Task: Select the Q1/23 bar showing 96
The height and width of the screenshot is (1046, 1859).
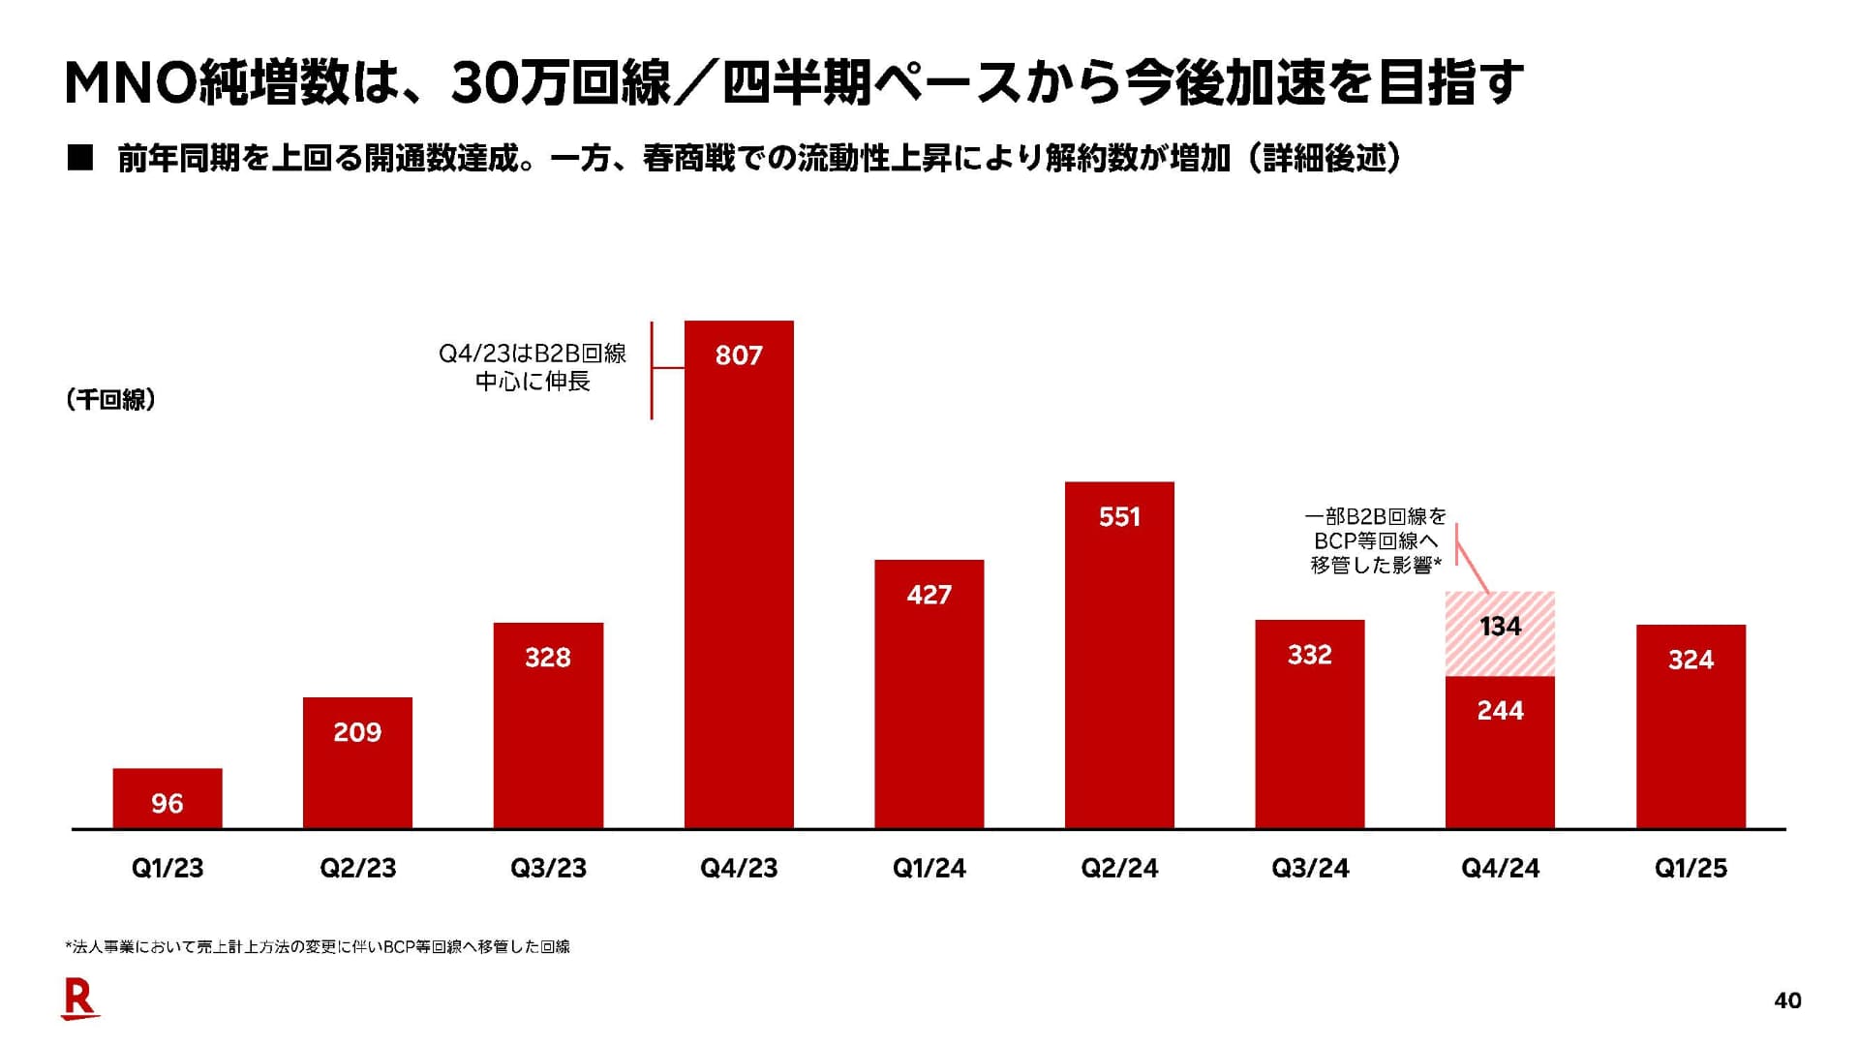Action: [x=168, y=798]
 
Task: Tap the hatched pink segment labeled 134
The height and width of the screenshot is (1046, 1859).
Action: [x=1500, y=633]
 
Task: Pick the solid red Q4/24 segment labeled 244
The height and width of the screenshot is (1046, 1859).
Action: [x=1500, y=752]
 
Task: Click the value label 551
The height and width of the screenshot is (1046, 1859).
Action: [x=1119, y=517]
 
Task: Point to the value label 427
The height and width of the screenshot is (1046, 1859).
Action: [x=929, y=595]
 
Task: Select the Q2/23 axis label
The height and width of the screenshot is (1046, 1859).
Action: [x=358, y=868]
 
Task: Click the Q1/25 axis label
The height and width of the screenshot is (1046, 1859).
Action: [x=1691, y=868]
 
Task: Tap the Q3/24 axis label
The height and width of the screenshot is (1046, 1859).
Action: [x=1310, y=868]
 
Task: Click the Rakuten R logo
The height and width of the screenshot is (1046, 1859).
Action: [x=79, y=999]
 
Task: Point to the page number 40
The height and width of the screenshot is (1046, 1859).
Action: [x=1787, y=1000]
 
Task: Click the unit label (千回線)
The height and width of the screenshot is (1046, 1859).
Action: [x=111, y=399]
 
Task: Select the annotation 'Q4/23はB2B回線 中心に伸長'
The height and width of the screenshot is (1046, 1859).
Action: [x=533, y=367]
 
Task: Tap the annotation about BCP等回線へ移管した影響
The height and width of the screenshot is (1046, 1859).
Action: [x=1375, y=540]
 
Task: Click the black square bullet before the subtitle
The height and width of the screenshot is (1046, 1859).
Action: [x=79, y=158]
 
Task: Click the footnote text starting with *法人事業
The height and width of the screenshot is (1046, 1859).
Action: [x=318, y=946]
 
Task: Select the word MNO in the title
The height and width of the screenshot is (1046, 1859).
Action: [x=130, y=82]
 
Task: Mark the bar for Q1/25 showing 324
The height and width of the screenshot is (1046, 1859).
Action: [x=1691, y=726]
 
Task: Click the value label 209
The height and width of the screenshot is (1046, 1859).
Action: [x=357, y=732]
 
